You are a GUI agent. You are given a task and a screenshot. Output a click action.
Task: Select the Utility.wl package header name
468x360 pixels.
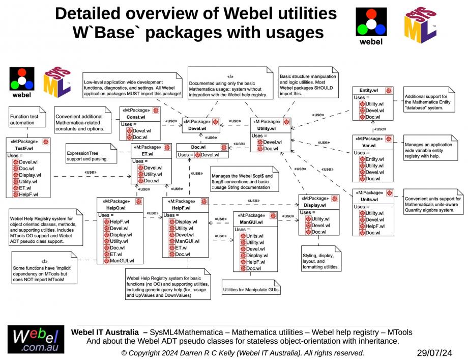[267, 129]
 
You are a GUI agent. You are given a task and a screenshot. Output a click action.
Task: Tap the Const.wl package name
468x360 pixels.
[136, 117]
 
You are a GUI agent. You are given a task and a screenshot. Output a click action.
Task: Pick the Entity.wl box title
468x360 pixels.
[368, 90]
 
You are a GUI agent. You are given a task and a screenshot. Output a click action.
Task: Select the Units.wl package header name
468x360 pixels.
[369, 200]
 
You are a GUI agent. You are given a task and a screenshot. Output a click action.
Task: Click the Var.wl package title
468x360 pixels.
[369, 146]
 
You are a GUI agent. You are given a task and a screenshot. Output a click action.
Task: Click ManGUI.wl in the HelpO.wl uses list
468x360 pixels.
[122, 261]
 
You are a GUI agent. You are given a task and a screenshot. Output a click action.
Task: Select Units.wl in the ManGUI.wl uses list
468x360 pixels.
[255, 236]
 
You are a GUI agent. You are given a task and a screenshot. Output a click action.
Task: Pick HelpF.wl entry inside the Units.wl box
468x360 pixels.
[375, 226]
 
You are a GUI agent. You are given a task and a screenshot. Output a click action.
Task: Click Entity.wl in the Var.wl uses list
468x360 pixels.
[375, 159]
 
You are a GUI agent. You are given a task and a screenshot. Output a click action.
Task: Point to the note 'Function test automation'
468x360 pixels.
[22, 120]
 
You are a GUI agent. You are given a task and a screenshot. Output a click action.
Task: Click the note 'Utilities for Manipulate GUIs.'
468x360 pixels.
[252, 290]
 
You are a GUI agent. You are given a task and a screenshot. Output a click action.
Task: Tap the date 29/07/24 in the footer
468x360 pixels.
[434, 352]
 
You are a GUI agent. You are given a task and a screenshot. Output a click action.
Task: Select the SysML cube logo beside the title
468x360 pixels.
[420, 25]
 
